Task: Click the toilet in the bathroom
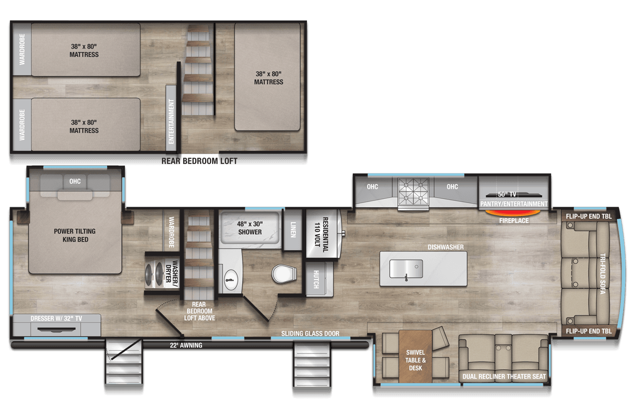[284, 274]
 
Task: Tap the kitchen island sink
[406, 269]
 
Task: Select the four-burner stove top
[413, 191]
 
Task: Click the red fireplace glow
[513, 213]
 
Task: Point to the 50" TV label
[507, 195]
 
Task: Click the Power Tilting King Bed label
[75, 235]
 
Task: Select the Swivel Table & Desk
[415, 356]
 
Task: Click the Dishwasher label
[446, 247]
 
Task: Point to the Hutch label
[316, 280]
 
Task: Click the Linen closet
[292, 230]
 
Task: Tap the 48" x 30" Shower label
[250, 228]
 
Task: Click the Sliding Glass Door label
[310, 333]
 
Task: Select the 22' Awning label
[186, 346]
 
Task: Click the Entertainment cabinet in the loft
[171, 118]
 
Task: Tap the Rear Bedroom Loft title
[199, 161]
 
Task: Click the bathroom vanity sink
[231, 280]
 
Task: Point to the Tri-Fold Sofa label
[602, 274]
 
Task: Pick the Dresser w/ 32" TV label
[56, 319]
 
